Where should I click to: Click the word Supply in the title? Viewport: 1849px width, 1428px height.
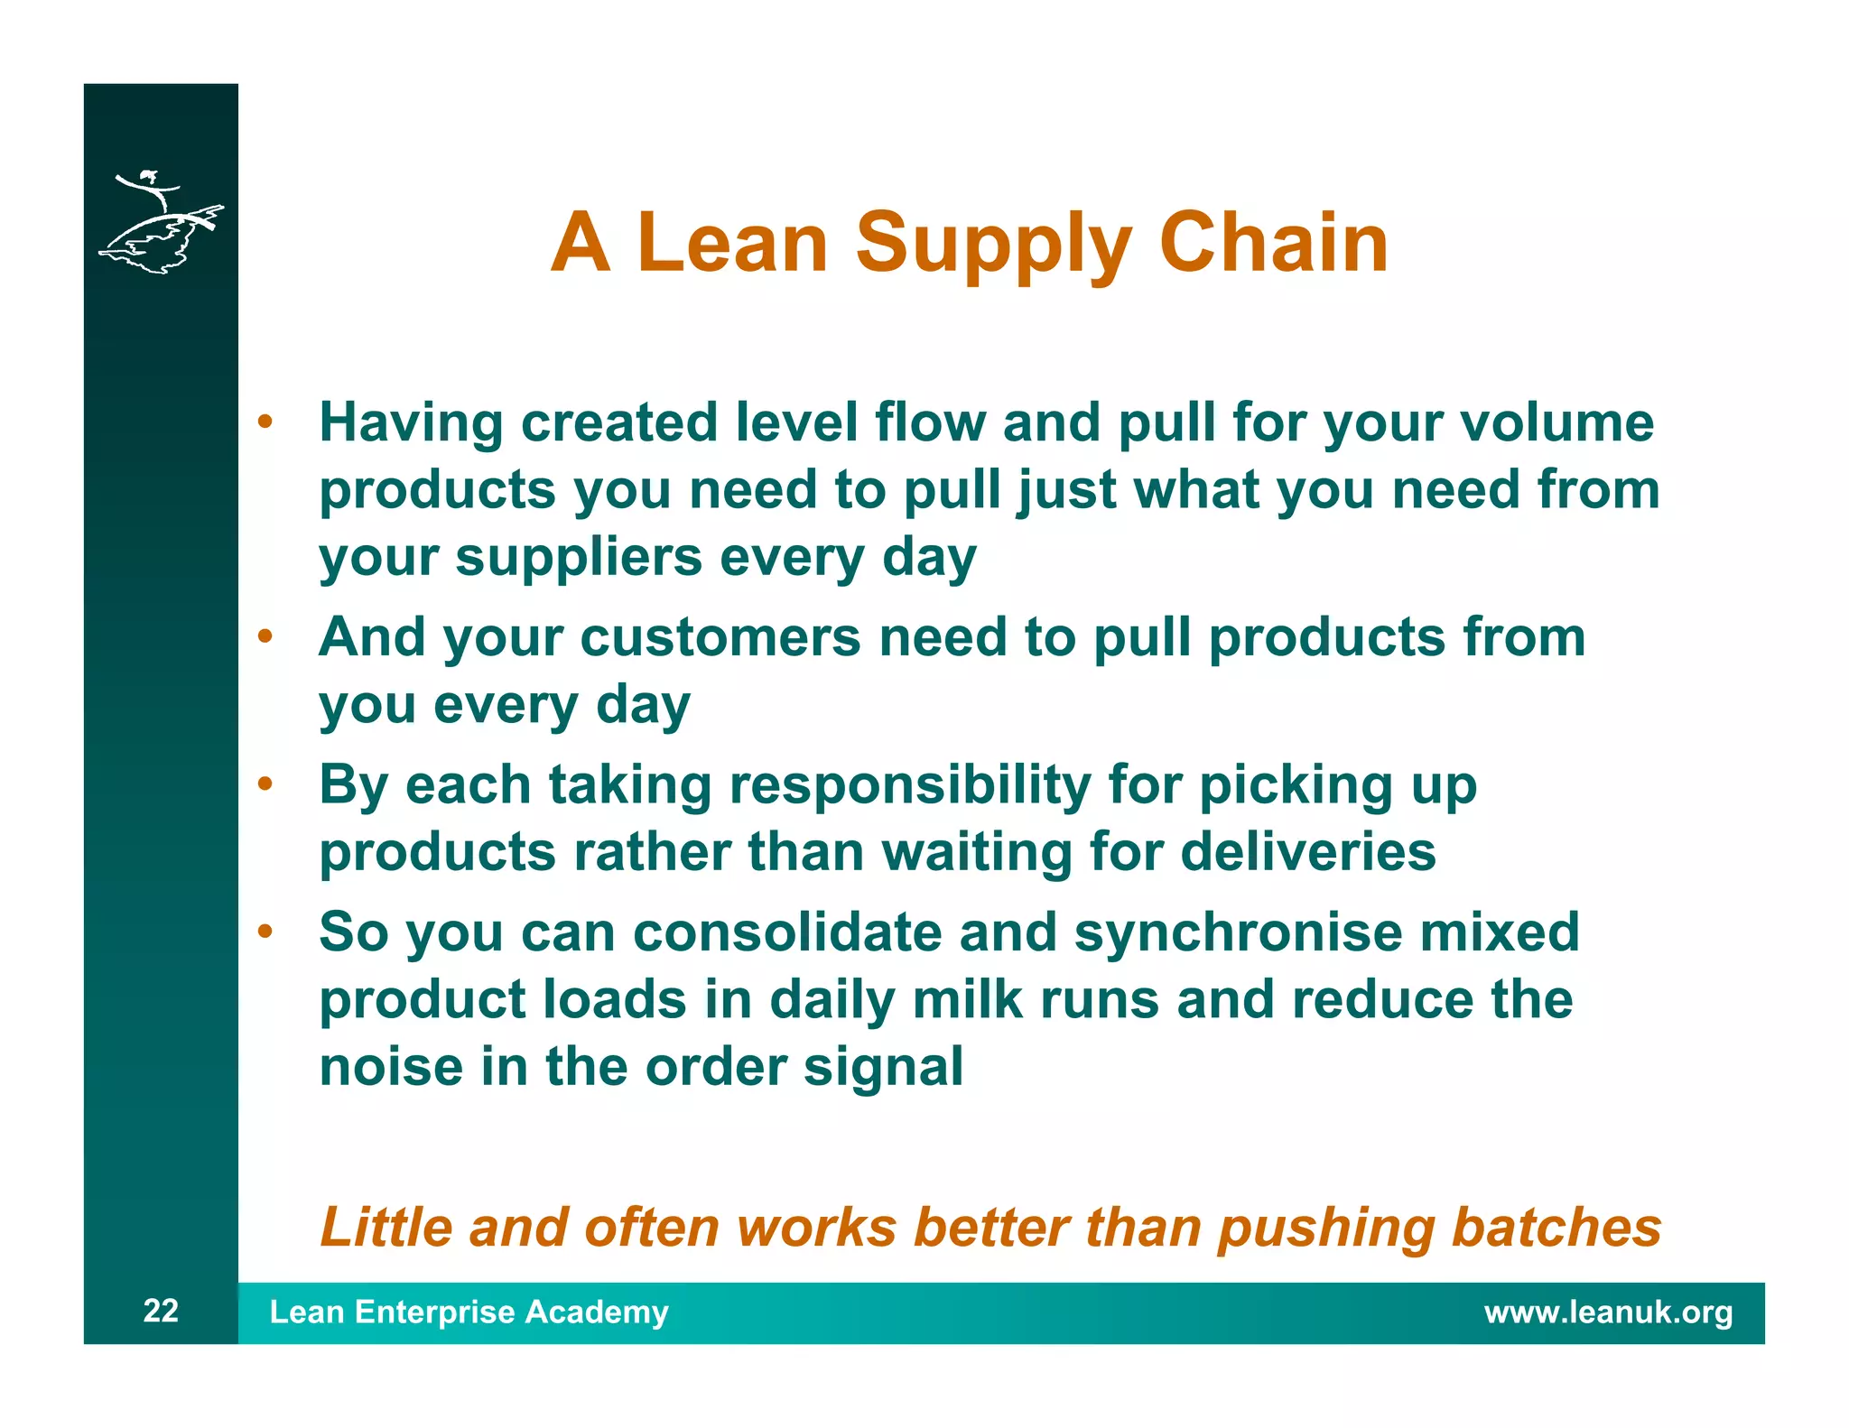[993, 244]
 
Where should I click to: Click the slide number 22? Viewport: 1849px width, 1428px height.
[161, 1311]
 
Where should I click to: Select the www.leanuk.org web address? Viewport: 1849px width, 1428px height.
[1608, 1312]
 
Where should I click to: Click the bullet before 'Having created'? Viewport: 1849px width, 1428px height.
[265, 422]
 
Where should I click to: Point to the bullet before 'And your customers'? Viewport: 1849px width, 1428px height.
[265, 636]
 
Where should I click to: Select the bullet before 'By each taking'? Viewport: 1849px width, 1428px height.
[265, 784]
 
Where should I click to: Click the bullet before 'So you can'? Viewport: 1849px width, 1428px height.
[265, 931]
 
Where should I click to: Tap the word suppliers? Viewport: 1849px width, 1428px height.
[578, 557]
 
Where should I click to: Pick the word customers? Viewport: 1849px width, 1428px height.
[720, 637]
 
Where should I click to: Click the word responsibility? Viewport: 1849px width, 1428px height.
[909, 785]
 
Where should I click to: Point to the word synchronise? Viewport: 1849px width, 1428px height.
[1238, 932]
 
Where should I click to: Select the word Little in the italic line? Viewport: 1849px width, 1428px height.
[386, 1228]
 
